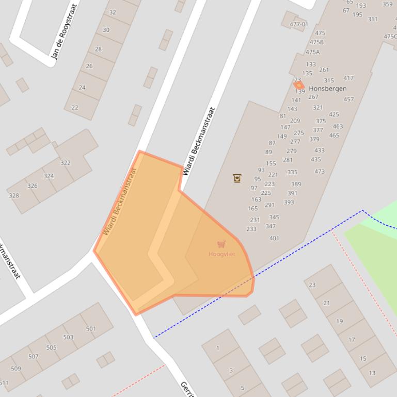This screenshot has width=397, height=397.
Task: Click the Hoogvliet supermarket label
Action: point(222,254)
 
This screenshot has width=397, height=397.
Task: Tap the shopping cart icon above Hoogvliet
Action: point(221,244)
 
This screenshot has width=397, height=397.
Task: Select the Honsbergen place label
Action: point(327,88)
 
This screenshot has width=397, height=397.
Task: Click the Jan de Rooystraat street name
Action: point(65,32)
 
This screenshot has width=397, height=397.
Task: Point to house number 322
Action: point(65,163)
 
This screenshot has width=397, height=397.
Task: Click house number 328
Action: point(14,195)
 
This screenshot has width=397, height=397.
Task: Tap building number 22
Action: point(75,107)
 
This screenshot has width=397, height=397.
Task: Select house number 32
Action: point(113,12)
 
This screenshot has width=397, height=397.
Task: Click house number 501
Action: point(91,328)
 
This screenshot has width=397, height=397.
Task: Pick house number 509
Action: point(15,368)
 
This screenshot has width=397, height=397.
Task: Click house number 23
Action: point(312,285)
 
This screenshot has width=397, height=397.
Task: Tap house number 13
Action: point(372,373)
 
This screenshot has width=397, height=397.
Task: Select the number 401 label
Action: point(274,238)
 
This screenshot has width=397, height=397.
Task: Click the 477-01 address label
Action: point(298,24)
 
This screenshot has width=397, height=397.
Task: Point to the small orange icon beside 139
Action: point(298,85)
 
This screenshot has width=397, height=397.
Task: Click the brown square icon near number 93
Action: point(237,178)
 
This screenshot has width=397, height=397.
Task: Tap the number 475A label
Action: point(312,52)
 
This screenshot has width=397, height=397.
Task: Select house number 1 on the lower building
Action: point(217,348)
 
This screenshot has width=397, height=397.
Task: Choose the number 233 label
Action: point(251,229)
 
